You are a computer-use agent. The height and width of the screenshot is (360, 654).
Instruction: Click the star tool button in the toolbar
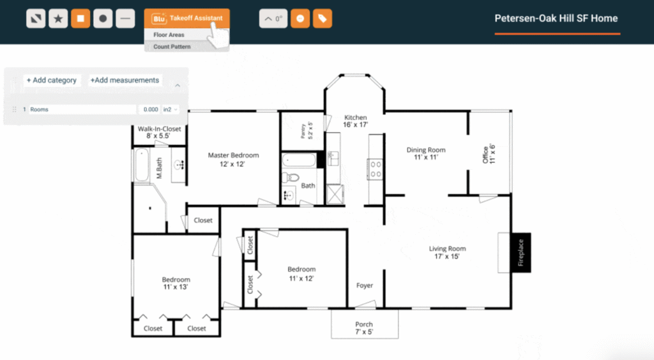pos(58,19)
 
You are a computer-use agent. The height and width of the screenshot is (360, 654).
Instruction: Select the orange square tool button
pos(80,19)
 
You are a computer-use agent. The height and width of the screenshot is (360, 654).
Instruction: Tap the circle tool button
pos(103,19)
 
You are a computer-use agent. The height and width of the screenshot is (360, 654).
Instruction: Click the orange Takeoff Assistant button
pos(187,19)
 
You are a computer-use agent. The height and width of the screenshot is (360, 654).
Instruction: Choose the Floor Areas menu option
pos(169,35)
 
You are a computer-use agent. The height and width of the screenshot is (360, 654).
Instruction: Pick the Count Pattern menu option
pos(172,47)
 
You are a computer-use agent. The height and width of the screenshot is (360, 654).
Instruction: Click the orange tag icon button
pos(323,19)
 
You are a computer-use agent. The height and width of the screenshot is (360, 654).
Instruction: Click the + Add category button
pos(52,80)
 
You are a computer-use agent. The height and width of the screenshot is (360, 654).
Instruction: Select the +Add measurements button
pos(125,80)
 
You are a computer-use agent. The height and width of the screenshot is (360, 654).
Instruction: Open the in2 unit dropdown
pos(170,110)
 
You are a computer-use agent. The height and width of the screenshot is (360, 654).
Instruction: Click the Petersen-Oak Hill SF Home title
pos(556,19)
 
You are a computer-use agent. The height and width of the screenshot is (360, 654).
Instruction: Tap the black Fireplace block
pos(521,253)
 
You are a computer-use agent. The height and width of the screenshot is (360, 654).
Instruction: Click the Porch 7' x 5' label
pos(364,328)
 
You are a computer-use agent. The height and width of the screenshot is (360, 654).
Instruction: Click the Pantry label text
pos(307,130)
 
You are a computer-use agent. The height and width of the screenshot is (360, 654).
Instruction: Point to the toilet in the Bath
pos(291,178)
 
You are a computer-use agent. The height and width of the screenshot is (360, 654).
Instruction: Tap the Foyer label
pos(365,285)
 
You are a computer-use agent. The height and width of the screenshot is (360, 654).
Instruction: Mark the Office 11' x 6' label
pos(489,154)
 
